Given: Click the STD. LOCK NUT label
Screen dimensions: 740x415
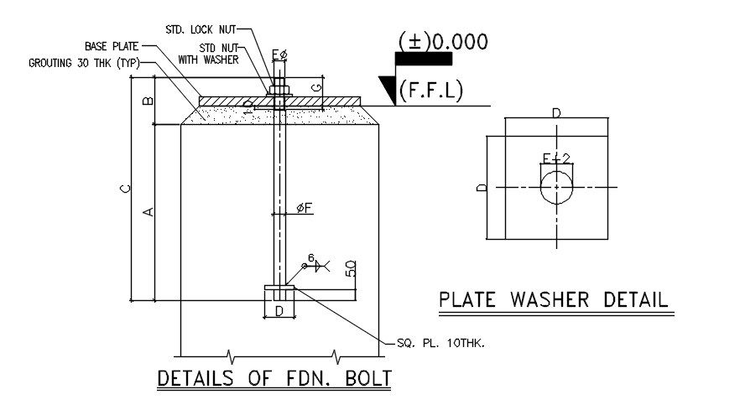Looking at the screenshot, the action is click(201, 29).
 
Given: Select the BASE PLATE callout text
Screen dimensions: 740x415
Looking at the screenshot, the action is click(112, 46).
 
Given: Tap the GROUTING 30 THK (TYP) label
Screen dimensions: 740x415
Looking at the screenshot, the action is click(84, 63).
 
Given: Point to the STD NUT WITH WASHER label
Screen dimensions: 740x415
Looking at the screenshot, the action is click(208, 54).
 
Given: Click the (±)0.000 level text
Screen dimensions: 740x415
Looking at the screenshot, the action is click(443, 42).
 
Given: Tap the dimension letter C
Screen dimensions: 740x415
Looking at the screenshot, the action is click(125, 189).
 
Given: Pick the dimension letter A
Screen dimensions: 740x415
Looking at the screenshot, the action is click(149, 212).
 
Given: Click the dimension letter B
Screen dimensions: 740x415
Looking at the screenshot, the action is click(149, 101).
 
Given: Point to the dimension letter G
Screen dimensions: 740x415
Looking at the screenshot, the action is click(317, 88).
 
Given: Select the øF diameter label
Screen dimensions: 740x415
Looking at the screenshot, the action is click(305, 208).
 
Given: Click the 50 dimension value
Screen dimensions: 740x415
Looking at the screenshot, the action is click(351, 269).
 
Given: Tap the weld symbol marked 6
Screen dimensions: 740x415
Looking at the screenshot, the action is click(316, 265).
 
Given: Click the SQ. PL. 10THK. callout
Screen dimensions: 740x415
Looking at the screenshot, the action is click(440, 343).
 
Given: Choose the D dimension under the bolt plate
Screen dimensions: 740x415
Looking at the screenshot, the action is click(279, 311).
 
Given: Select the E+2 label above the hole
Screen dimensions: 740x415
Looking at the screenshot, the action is click(556, 158).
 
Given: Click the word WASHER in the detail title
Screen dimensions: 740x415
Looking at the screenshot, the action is click(550, 300).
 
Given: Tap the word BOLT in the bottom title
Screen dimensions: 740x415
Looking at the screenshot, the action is click(368, 378).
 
